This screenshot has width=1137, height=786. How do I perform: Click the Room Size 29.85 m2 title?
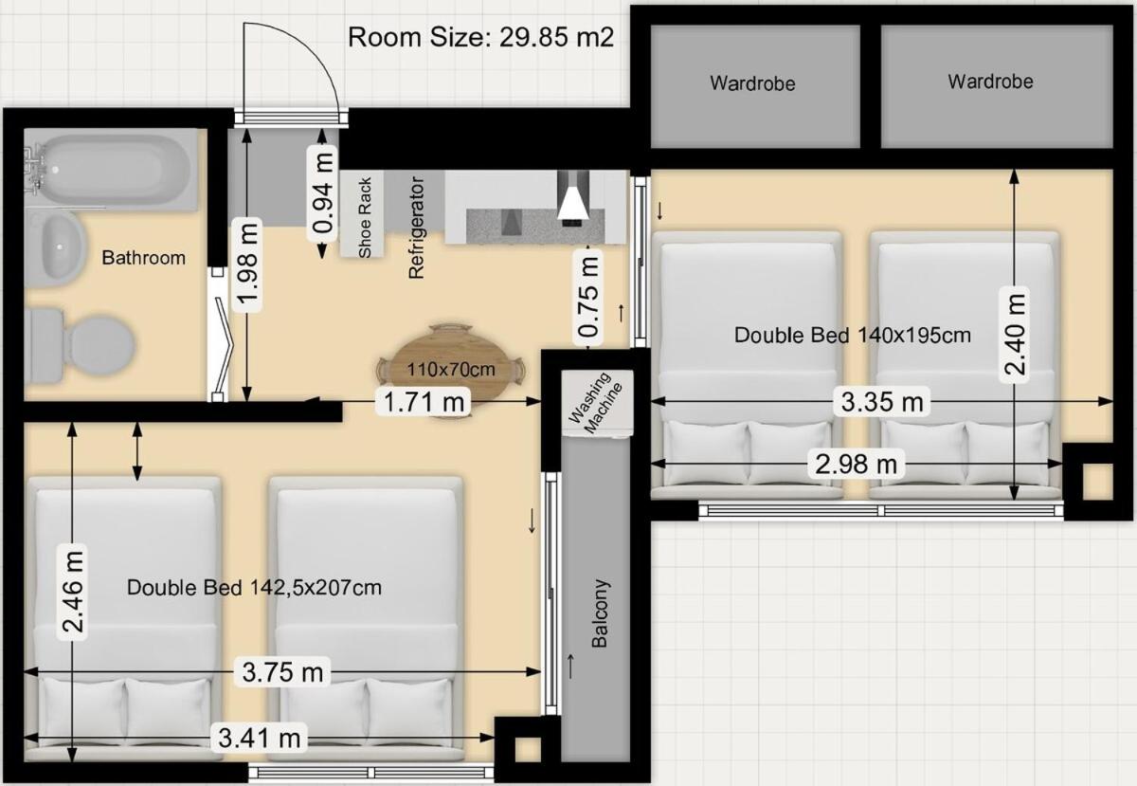pyautogui.click(x=480, y=37)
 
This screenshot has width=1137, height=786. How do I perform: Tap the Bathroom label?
pyautogui.click(x=144, y=258)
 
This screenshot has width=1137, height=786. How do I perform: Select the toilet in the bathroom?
pyautogui.click(x=81, y=345)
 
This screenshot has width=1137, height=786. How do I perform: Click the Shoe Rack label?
pyautogui.click(x=365, y=217)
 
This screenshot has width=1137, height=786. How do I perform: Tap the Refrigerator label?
pyautogui.click(x=416, y=228)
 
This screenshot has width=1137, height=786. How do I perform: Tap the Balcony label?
pyautogui.click(x=600, y=612)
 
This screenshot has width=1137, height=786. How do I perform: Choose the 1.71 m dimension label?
pyautogui.click(x=424, y=402)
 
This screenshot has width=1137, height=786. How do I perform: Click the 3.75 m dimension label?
pyautogui.click(x=282, y=672)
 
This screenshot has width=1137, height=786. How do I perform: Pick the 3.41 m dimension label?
pyautogui.click(x=260, y=738)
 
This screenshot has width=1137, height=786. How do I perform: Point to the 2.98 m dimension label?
pyautogui.click(x=857, y=464)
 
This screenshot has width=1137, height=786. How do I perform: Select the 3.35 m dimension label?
pyautogui.click(x=882, y=402)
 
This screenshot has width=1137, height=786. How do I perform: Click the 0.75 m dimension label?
pyautogui.click(x=588, y=297)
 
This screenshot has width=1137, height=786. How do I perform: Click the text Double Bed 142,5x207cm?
pyautogui.click(x=254, y=587)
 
